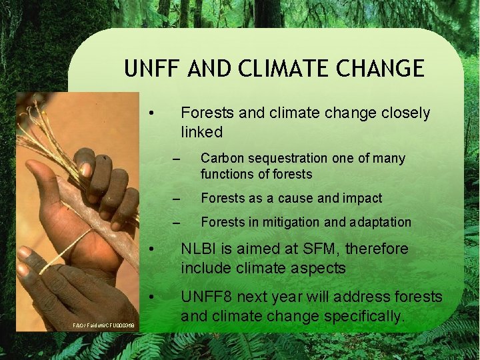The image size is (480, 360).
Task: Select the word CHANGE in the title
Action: pos(387,69)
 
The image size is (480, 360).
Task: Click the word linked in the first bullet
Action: pos(201,132)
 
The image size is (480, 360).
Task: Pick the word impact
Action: pos(363,199)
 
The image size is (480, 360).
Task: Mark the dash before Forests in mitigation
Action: pos(176,223)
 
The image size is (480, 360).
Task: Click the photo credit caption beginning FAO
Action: pos(104,325)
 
